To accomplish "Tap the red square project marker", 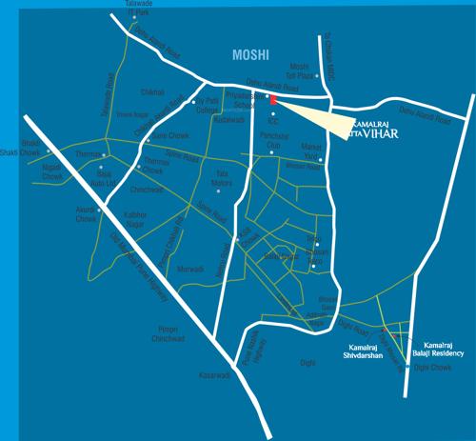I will (271, 100).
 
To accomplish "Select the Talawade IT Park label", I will (134, 8).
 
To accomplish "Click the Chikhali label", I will (153, 91).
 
